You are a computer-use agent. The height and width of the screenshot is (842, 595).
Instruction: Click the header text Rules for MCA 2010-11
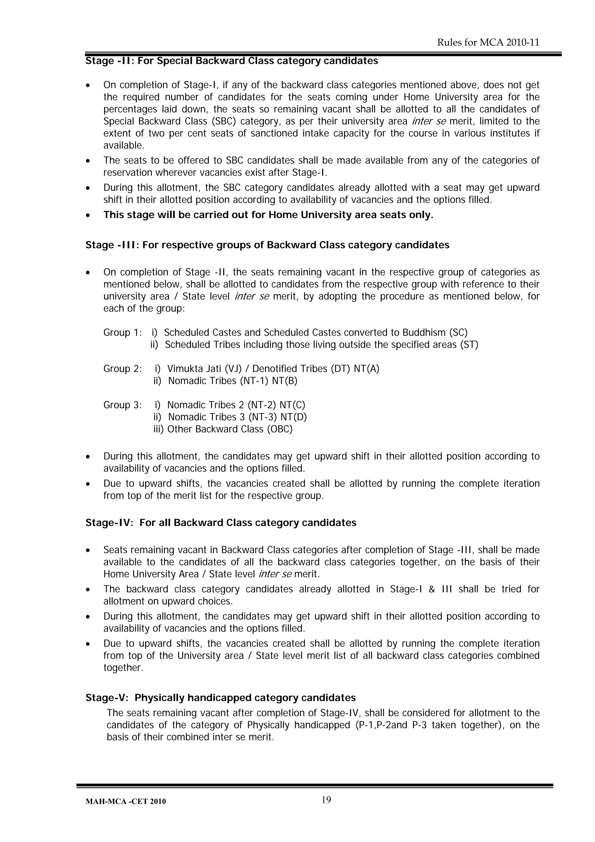(488, 42)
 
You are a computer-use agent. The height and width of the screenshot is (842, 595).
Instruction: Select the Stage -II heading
(232, 60)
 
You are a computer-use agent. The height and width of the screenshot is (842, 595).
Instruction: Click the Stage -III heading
(267, 245)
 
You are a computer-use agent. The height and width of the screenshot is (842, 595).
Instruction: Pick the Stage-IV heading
(221, 523)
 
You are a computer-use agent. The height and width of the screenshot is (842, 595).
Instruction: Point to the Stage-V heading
(220, 698)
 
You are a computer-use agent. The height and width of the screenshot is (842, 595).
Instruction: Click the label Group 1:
(122, 332)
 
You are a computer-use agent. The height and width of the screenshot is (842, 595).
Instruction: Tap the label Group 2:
(122, 369)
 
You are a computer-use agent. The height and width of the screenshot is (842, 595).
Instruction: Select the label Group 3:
(122, 405)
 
